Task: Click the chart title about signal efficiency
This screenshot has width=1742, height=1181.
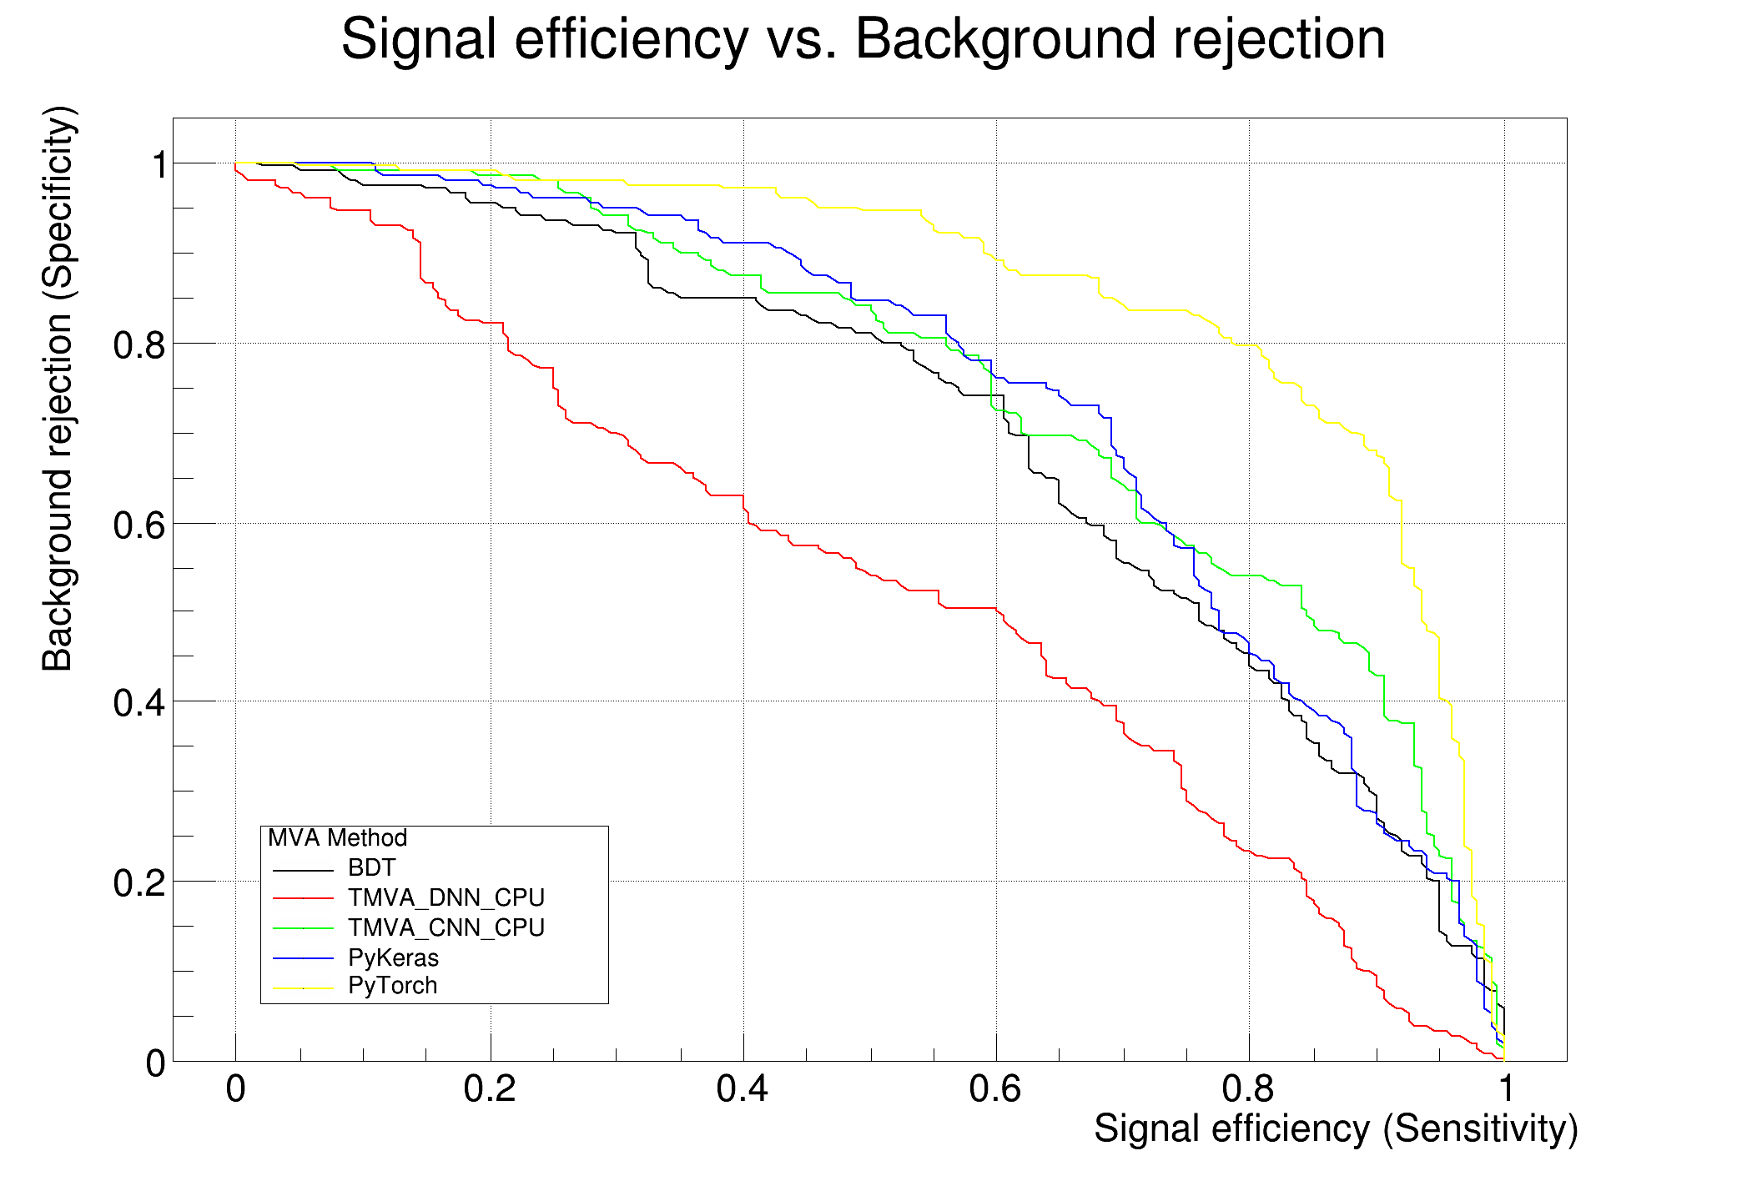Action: [863, 40]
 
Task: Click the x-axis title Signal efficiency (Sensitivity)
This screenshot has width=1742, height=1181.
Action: [1335, 1129]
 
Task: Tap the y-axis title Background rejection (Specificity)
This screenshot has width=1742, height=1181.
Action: [58, 389]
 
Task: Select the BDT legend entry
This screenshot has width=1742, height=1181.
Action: [371, 868]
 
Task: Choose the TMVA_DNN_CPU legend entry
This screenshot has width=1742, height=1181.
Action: [446, 898]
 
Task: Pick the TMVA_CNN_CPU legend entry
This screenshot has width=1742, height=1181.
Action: [446, 928]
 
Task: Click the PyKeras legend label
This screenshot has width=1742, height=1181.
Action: [393, 957]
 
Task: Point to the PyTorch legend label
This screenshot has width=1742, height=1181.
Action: [392, 986]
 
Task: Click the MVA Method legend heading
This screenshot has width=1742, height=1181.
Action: [337, 838]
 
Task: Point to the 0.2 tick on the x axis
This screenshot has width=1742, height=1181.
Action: [490, 1089]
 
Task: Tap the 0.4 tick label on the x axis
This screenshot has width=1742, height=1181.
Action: [743, 1089]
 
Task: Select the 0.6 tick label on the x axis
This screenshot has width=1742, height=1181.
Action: [995, 1089]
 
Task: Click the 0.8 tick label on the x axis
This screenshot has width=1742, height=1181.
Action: [1248, 1089]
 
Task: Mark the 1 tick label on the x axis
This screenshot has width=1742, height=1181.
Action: [1505, 1089]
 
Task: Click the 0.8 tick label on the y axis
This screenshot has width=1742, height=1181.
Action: [139, 345]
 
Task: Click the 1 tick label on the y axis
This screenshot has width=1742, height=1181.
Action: [159, 165]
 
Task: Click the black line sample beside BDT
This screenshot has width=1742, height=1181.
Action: [303, 870]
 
